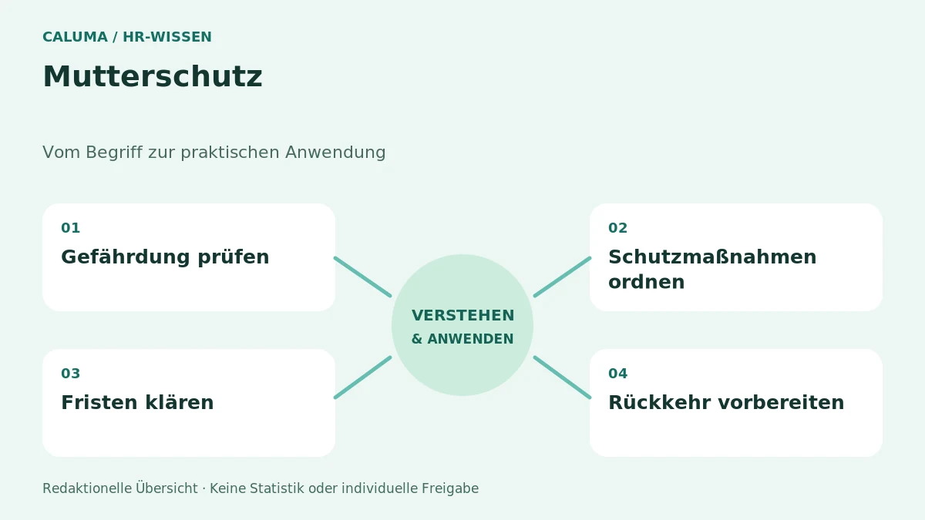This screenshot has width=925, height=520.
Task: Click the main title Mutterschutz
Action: pos(153,77)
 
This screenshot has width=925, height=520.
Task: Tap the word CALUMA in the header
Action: pos(76,37)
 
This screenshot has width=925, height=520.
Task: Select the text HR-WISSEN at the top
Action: pos(167,37)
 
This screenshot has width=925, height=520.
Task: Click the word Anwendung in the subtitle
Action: pos(335,153)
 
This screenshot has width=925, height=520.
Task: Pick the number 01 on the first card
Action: pos(71,228)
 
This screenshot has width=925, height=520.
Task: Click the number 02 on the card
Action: pos(617,228)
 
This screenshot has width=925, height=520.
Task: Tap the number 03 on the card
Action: pos(71,374)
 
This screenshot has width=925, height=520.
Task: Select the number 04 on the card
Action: pos(617,374)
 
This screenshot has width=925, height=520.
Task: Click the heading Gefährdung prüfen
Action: pos(165,257)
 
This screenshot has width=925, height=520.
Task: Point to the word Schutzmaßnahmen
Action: pos(712,257)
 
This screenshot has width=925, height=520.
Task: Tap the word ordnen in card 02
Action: pos(646,282)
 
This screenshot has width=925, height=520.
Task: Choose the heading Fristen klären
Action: pos(137,402)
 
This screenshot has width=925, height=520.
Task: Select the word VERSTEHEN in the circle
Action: pos(463,316)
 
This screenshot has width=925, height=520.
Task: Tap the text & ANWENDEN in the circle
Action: pos(462,339)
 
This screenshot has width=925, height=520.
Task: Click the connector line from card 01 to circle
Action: pos(363,277)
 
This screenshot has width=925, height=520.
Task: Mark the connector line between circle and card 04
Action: pos(563,377)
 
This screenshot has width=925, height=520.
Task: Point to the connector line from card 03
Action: pos(363,377)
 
